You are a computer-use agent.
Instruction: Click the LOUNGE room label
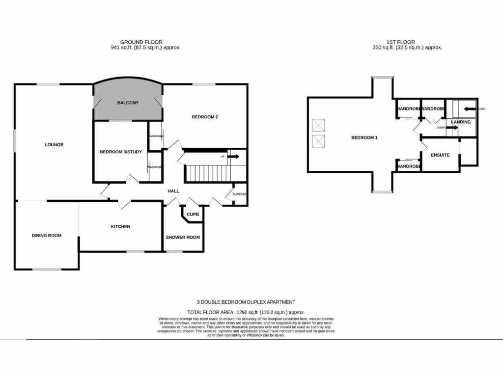click(x=54, y=145)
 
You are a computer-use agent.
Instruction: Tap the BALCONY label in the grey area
click(x=128, y=103)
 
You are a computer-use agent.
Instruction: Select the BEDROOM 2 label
click(x=205, y=117)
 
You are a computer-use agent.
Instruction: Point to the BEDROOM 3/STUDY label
click(x=121, y=152)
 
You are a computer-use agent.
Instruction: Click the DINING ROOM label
click(x=47, y=236)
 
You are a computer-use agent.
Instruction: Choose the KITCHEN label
click(x=120, y=227)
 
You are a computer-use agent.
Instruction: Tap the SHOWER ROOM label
click(x=183, y=238)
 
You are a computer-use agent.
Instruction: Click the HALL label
click(x=173, y=191)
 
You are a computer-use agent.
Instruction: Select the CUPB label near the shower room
click(x=193, y=215)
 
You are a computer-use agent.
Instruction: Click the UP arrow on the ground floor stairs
click(x=233, y=157)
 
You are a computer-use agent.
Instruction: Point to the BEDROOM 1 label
click(x=364, y=138)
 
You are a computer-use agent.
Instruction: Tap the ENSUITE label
click(x=440, y=155)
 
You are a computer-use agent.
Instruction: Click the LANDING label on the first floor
click(x=461, y=122)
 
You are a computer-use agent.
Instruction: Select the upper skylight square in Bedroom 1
click(x=318, y=124)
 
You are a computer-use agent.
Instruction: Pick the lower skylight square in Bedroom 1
click(x=318, y=141)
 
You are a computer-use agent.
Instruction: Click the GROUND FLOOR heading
click(x=141, y=42)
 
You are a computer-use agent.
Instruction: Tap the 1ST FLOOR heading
click(x=401, y=42)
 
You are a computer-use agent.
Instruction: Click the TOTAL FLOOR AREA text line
click(x=246, y=312)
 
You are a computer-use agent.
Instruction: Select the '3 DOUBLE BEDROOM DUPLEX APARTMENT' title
click(x=246, y=302)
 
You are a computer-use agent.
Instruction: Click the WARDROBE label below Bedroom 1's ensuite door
click(x=409, y=167)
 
